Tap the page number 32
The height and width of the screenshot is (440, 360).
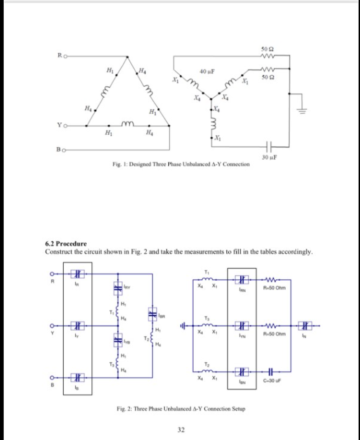click(x=181, y=429)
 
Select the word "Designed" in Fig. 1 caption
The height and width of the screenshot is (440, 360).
click(x=143, y=164)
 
